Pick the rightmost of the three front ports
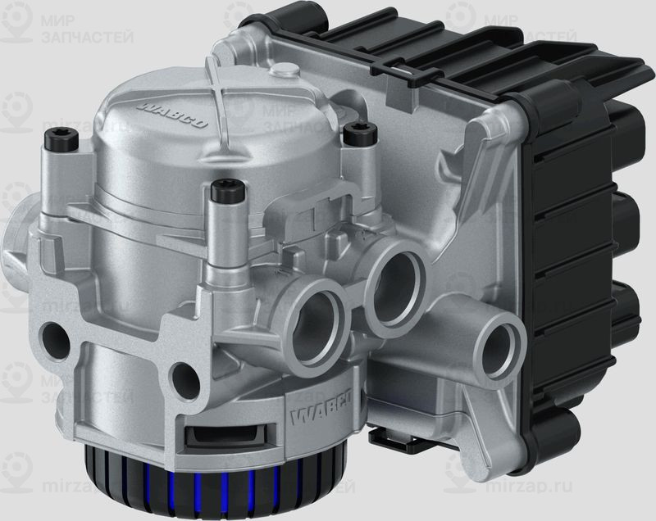click(x=498, y=339)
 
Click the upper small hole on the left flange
click(x=57, y=337)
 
